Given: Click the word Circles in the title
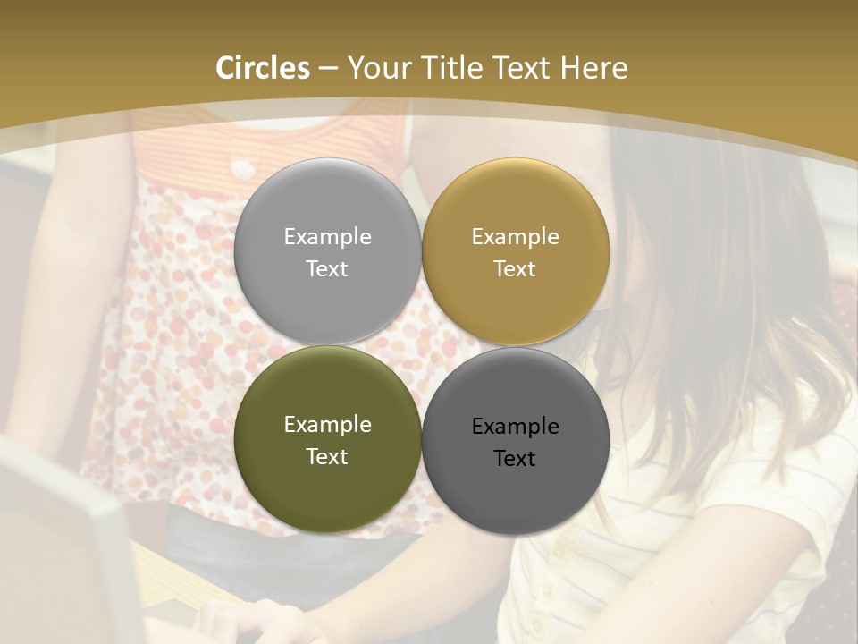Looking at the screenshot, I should [x=263, y=68].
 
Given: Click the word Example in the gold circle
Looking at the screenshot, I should [x=516, y=237].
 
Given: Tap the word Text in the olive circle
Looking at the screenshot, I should [x=327, y=457].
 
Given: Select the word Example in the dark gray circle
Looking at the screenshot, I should [x=516, y=427].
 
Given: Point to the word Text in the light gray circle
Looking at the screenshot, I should [x=327, y=269].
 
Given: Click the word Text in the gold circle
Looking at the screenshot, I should [x=516, y=269].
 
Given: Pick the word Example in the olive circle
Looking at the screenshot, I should [x=327, y=425].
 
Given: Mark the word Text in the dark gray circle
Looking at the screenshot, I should [x=516, y=459].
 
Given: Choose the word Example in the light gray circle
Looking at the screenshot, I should [x=327, y=237].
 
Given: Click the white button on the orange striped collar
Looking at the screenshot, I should [x=240, y=168].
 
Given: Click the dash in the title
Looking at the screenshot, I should [x=328, y=69].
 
